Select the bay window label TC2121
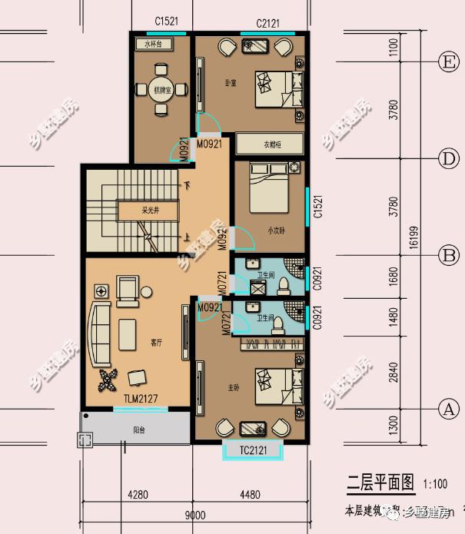(x=252, y=450)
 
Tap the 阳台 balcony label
(x=139, y=430)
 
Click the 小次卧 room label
(x=277, y=229)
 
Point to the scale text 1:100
(x=436, y=485)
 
